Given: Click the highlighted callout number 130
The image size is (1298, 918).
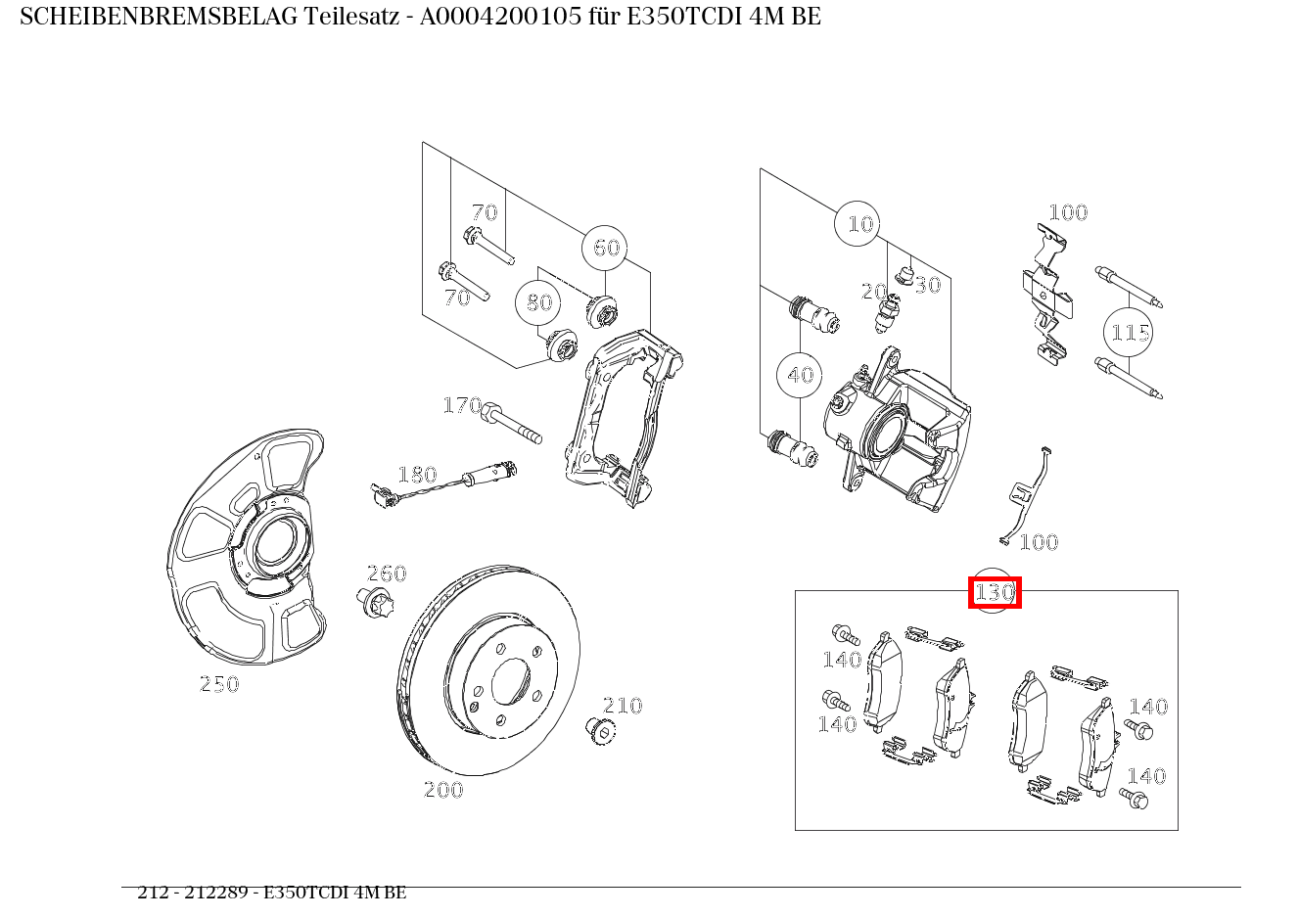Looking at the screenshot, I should point(994,592).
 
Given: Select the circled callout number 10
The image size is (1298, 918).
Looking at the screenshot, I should point(858,224).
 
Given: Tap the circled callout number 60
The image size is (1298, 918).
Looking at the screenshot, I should point(606,248).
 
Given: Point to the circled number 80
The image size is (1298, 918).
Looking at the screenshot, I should point(538,302).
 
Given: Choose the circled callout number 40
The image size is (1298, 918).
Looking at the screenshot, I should point(800,375).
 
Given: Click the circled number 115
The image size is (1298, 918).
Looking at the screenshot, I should point(1129,333).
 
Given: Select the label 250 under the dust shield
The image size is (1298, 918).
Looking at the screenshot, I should point(219,684).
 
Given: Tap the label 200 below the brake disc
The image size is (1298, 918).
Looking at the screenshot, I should point(442,790).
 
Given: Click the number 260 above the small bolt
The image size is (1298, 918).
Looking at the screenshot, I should point(386,574).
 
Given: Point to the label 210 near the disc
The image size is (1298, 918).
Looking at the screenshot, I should point(622,705).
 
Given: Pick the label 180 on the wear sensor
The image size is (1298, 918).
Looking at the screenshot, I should point(416,475).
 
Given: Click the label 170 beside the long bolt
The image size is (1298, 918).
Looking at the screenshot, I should point(462,405).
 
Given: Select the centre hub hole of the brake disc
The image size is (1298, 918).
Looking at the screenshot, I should point(510,679).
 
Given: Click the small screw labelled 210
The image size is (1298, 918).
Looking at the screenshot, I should point(596,729).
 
